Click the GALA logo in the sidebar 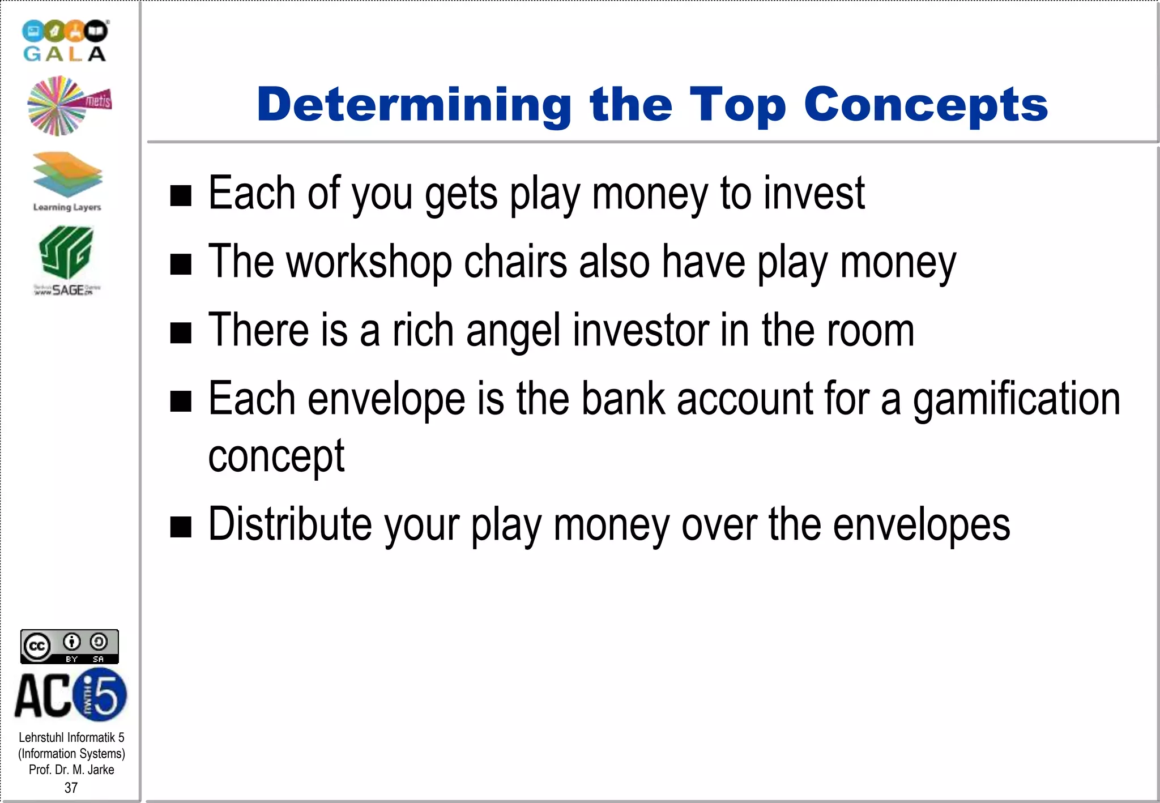click(x=65, y=41)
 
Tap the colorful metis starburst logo click(x=68, y=106)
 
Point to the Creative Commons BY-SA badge click(x=70, y=646)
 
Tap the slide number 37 click(x=71, y=788)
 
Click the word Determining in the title click(x=414, y=105)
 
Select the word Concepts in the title click(x=926, y=105)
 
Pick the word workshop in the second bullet click(x=369, y=262)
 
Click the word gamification click(x=1016, y=399)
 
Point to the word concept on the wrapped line click(x=276, y=456)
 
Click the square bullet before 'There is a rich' click(x=181, y=333)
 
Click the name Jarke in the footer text click(x=101, y=770)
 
